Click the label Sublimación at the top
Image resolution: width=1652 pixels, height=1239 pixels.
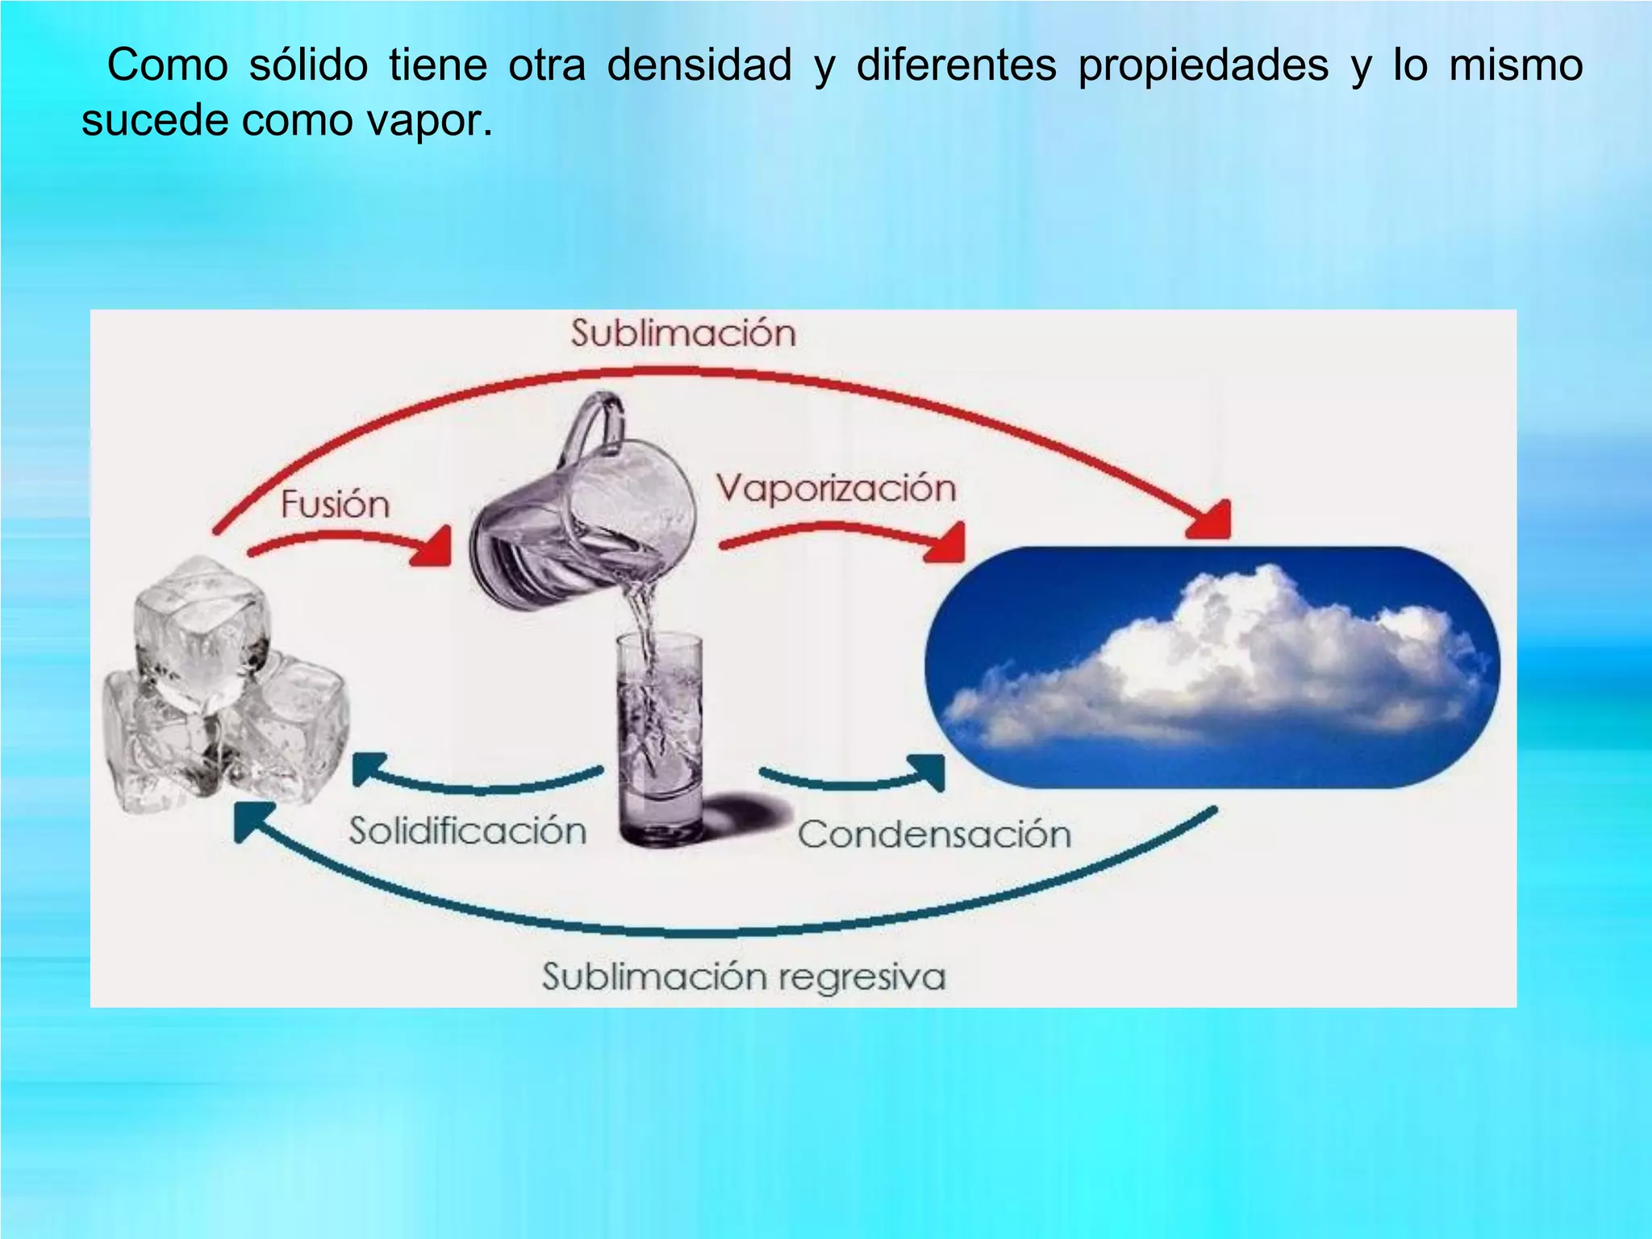[683, 334]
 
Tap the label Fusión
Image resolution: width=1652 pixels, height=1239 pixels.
[335, 505]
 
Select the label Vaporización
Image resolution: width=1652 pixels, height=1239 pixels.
[836, 489]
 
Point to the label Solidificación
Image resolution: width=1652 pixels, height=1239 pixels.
[467, 831]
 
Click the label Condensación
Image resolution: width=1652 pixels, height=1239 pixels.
[934, 834]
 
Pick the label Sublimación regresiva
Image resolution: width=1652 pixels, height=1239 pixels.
[743, 977]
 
